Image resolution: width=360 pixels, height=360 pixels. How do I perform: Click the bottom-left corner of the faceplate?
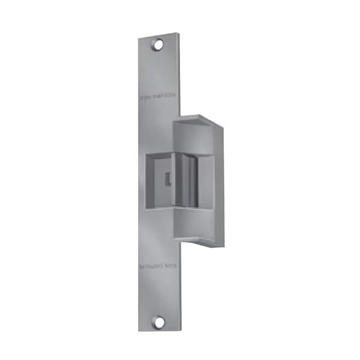tap(139, 331)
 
